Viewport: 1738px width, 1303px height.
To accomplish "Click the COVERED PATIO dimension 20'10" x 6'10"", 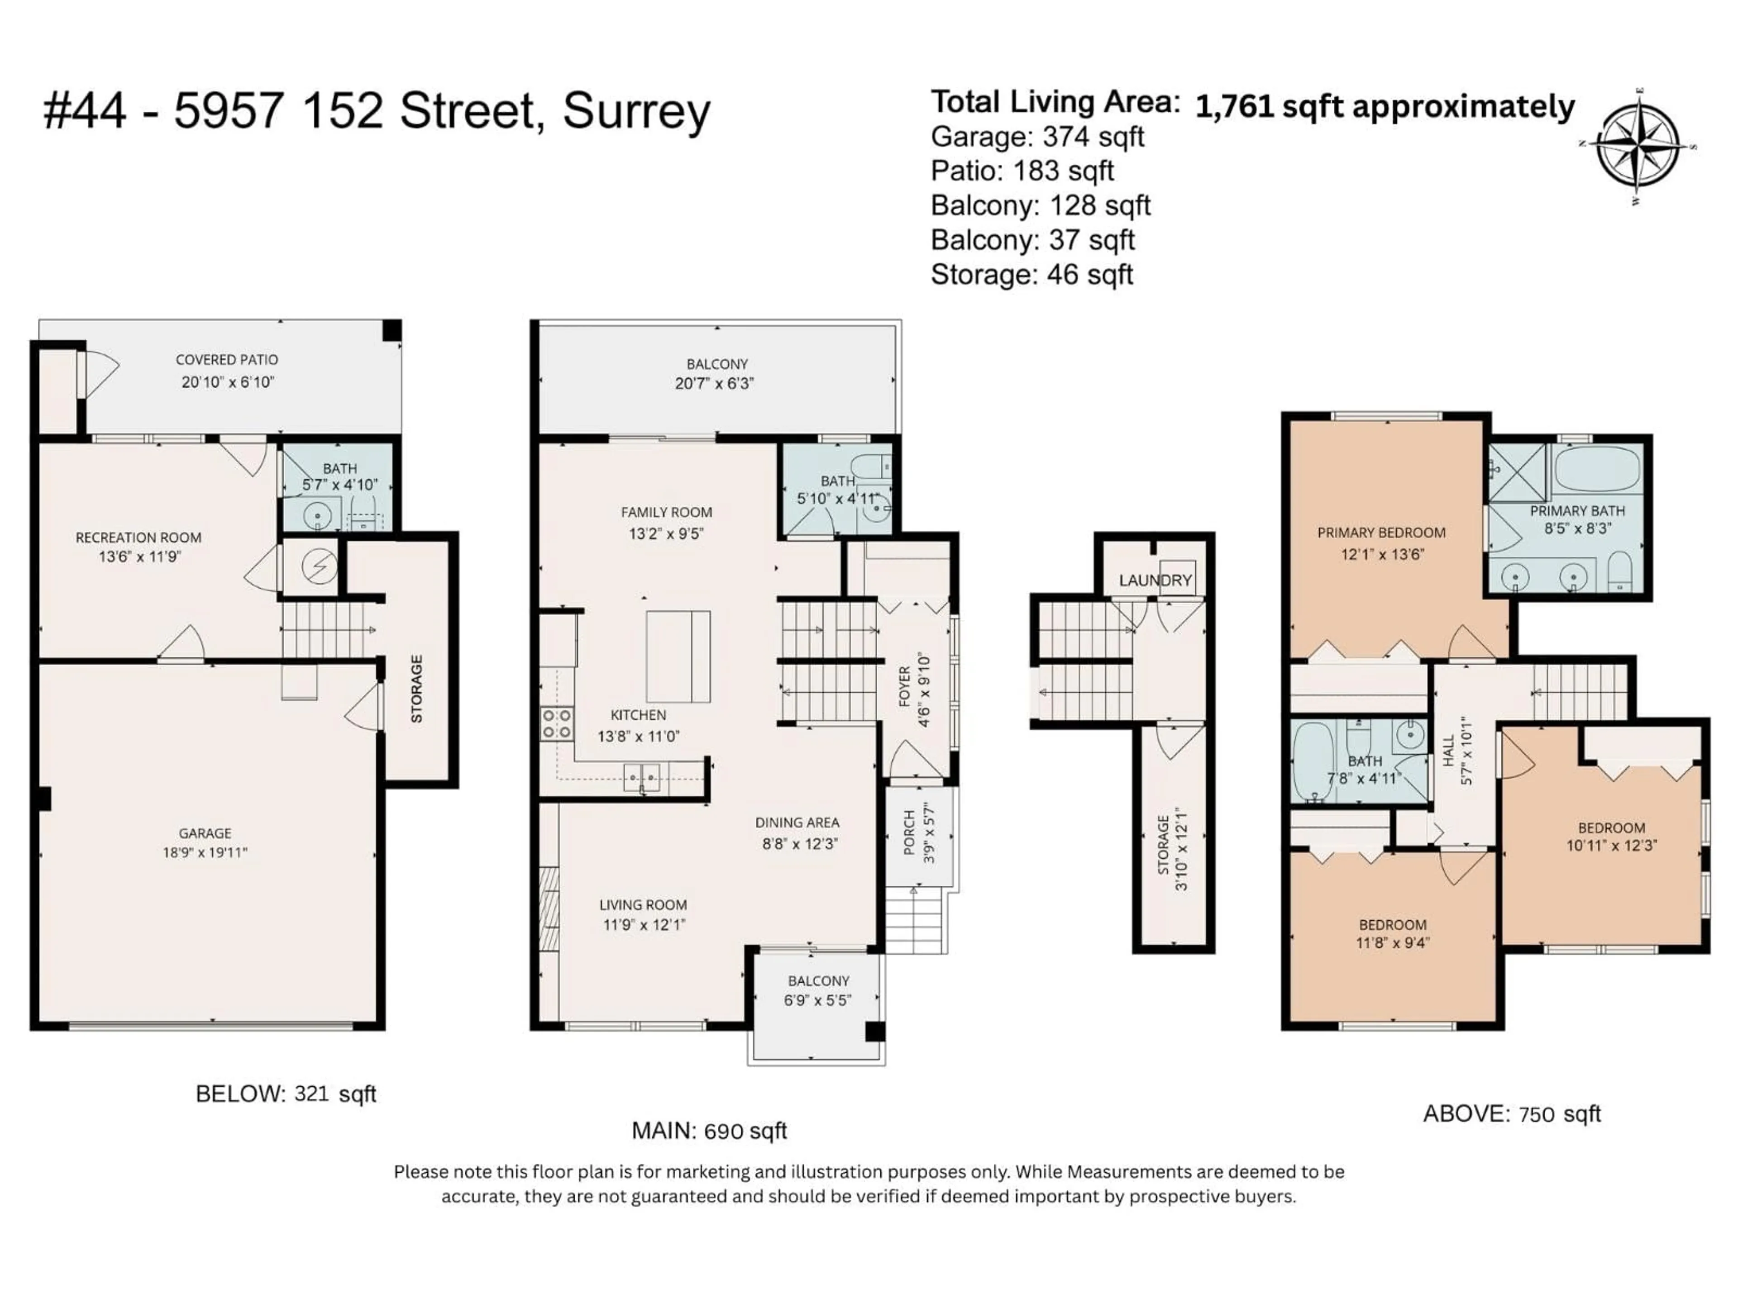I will pyautogui.click(x=227, y=382).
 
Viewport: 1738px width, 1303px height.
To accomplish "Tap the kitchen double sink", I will pyautogui.click(x=642, y=778).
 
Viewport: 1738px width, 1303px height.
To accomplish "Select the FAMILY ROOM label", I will pyautogui.click(x=666, y=512).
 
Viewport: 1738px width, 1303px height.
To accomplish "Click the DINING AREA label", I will pyautogui.click(x=797, y=823).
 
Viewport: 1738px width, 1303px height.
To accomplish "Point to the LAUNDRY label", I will pyautogui.click(x=1155, y=580).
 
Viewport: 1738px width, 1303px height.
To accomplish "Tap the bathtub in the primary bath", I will pyautogui.click(x=1597, y=469).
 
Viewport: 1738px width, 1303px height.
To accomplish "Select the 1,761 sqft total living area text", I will pyautogui.click(x=1385, y=107).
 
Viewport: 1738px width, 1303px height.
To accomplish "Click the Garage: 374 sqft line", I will pyautogui.click(x=1037, y=137).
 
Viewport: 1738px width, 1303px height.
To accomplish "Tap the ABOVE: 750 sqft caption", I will pyautogui.click(x=1512, y=1114).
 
